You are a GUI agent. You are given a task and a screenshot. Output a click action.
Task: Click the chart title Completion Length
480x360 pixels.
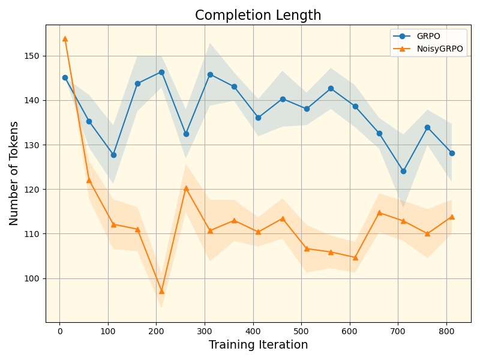(258, 16)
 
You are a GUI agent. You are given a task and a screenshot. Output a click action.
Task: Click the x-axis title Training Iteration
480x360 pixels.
(258, 345)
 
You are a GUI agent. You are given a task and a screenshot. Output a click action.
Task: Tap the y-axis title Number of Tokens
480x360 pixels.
(14, 173)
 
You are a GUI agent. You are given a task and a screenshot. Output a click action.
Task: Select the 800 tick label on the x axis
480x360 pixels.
(447, 331)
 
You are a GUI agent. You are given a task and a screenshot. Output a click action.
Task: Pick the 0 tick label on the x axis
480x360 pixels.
(60, 331)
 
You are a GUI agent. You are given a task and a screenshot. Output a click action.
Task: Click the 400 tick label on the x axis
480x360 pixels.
(253, 331)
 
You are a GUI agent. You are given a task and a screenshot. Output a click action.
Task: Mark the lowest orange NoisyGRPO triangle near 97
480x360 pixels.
(161, 291)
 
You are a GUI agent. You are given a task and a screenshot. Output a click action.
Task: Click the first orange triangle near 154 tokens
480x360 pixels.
(65, 38)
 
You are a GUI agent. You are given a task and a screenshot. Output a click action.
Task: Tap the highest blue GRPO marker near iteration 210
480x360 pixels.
(161, 72)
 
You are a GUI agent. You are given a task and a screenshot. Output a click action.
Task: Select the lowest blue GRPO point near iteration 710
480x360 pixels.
(403, 171)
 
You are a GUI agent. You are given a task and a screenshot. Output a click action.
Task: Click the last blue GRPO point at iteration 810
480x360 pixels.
(452, 153)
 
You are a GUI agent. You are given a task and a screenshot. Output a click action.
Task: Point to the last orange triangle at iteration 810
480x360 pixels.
(452, 217)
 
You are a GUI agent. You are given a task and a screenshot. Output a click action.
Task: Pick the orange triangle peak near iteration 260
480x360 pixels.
(186, 188)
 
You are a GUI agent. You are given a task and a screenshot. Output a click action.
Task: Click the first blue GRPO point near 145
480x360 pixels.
(65, 77)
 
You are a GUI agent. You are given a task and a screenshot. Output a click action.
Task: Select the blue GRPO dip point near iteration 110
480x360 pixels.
(113, 155)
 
